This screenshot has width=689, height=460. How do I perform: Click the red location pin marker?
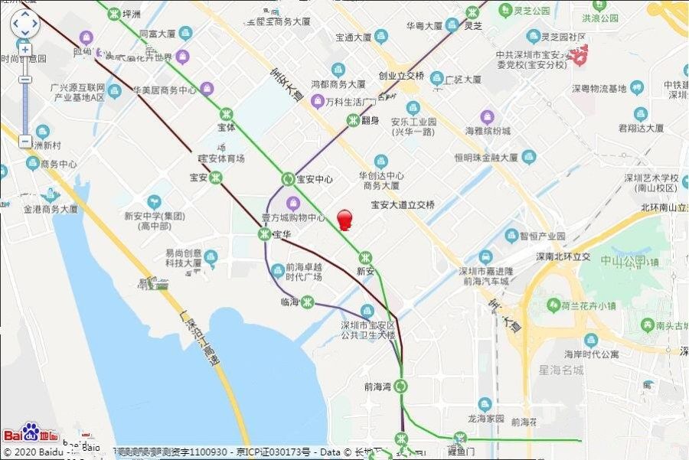pyautogui.click(x=344, y=220)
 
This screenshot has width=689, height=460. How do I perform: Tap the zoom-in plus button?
pyautogui.click(x=25, y=50)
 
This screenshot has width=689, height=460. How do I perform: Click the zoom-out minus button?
pyautogui.click(x=25, y=142)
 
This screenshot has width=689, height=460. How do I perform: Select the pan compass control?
pyautogui.click(x=24, y=24)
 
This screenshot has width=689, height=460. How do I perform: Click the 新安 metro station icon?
pyautogui.click(x=367, y=258)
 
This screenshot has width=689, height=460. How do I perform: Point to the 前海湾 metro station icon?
pyautogui.click(x=400, y=387)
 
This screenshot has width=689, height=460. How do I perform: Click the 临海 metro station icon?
pyautogui.click(x=307, y=302)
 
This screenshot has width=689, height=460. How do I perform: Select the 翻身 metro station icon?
pyautogui.click(x=353, y=120)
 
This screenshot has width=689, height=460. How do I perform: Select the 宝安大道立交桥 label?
pyautogui.click(x=403, y=205)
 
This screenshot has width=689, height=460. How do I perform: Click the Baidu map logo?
pyautogui.click(x=41, y=433)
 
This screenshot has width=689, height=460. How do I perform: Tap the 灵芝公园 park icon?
pyautogui.click(x=505, y=11)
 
